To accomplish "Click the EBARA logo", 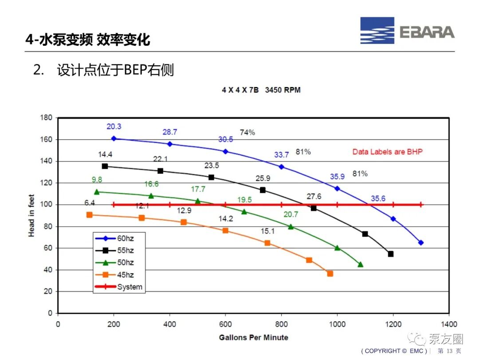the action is click(407, 31).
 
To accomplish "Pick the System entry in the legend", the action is click(119, 287).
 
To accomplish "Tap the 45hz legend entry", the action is click(114, 275).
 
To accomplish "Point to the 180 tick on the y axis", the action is click(46, 118).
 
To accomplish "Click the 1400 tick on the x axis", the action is click(449, 324).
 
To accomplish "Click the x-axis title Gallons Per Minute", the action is click(254, 337).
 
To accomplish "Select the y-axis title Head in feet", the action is click(31, 216).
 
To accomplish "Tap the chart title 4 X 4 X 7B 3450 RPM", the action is click(261, 90).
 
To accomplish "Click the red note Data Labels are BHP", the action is click(387, 152).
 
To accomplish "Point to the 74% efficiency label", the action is click(247, 132).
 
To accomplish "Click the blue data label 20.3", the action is click(114, 127).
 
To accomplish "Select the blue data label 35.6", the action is click(378, 198).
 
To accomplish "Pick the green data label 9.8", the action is click(97, 179).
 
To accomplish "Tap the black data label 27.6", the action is click(314, 196).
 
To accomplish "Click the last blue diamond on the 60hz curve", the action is click(421, 242).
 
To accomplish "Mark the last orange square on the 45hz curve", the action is click(330, 273).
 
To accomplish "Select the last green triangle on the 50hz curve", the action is click(361, 264).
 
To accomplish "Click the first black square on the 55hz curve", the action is click(105, 166).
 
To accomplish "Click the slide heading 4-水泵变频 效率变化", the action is click(88, 40).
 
